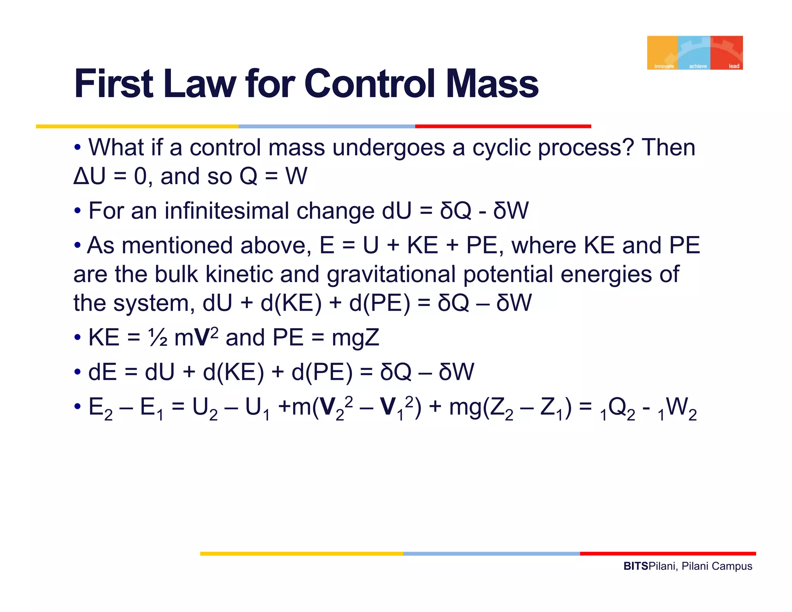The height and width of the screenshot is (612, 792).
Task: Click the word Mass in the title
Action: [x=492, y=84]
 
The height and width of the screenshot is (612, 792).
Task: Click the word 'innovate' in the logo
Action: [x=664, y=66]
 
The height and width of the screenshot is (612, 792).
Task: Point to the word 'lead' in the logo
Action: [x=734, y=66]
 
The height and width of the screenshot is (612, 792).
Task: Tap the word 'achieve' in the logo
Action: [x=698, y=66]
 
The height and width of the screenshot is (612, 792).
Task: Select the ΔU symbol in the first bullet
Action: [x=89, y=176]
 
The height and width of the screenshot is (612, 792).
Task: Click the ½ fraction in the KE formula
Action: [x=158, y=338]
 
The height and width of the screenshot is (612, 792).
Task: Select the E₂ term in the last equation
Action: [x=100, y=409]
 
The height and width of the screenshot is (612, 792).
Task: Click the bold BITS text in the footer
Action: [x=635, y=566]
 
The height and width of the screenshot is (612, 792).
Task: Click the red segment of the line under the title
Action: [x=503, y=127]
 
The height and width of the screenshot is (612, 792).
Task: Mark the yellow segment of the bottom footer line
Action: [x=302, y=554]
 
